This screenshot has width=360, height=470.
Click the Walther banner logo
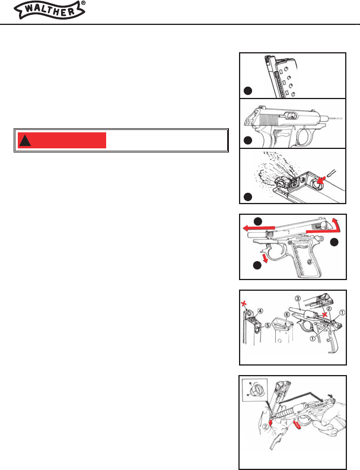click(49, 10)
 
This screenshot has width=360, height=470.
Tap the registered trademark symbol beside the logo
click(83, 3)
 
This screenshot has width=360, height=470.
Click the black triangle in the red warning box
click(25, 141)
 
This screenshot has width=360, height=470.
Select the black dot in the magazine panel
click(248, 91)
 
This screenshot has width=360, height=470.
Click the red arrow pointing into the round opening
click(321, 180)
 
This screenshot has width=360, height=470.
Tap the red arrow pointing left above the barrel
click(259, 228)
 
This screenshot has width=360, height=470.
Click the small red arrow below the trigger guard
click(265, 258)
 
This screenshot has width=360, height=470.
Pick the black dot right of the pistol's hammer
click(334, 242)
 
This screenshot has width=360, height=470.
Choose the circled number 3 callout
click(297, 298)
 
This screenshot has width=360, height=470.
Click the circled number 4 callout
click(260, 311)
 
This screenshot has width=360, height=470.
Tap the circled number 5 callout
click(268, 325)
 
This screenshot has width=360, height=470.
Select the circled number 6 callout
click(287, 315)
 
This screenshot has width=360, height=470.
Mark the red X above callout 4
click(245, 304)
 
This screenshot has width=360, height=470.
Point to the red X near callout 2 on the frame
click(324, 315)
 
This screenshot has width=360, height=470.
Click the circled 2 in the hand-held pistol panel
click(266, 427)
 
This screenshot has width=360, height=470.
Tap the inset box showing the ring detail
click(254, 390)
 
